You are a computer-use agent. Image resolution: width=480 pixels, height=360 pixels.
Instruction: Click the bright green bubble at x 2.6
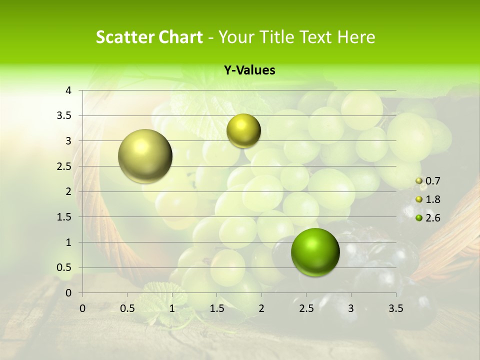(315, 252)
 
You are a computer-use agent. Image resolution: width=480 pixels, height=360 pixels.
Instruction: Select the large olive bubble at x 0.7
(145, 156)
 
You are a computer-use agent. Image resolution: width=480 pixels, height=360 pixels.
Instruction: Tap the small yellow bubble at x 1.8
(243, 131)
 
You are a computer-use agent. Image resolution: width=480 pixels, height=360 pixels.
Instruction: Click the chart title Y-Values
(249, 70)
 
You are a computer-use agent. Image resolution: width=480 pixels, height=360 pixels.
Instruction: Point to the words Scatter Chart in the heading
(149, 37)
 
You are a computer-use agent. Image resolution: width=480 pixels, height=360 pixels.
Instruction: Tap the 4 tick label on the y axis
(69, 90)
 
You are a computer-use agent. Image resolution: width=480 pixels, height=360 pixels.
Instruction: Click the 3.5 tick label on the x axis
(395, 308)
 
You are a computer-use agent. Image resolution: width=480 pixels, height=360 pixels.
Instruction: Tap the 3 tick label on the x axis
(350, 308)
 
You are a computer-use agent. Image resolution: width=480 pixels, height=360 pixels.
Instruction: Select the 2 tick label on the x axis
(261, 308)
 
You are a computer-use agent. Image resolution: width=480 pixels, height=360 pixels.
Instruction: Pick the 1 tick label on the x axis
(172, 308)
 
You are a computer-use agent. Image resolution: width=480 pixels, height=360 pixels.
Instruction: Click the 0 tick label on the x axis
(82, 308)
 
